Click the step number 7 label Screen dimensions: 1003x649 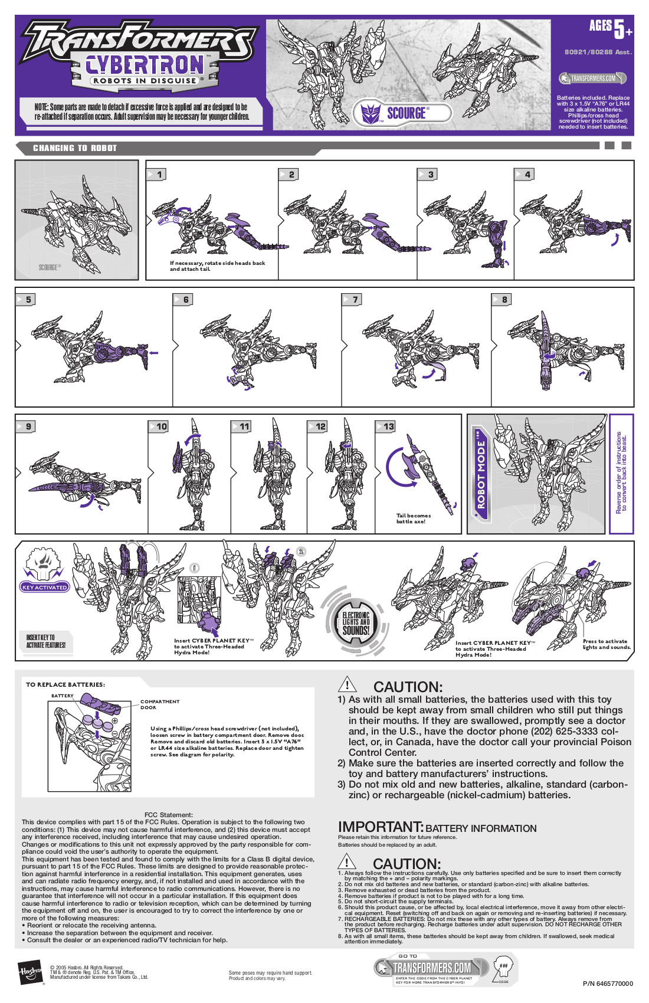(x=355, y=300)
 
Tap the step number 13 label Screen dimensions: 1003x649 (x=388, y=427)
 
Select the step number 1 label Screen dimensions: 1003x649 (x=159, y=175)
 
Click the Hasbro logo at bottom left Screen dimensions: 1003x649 (x=30, y=972)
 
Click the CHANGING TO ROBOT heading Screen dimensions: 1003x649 (x=75, y=148)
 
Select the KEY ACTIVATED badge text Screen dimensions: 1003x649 (x=44, y=587)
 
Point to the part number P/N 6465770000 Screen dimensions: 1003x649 (x=607, y=984)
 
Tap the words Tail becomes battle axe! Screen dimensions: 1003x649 (x=413, y=519)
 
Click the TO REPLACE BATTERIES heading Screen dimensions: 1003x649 (x=65, y=684)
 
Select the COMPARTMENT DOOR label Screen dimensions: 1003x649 (x=159, y=704)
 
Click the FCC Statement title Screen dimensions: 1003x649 (x=168, y=815)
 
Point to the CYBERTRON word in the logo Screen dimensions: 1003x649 (x=145, y=64)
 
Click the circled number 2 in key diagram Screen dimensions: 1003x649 (x=301, y=551)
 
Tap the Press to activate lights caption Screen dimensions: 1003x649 (x=606, y=644)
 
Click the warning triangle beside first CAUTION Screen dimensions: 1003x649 (x=347, y=684)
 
